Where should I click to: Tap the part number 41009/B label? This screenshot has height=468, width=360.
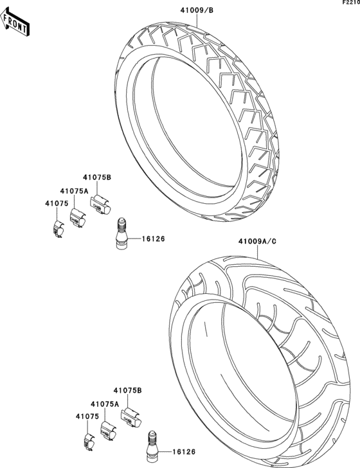(x=190, y=10)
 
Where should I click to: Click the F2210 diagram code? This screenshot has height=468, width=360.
(x=350, y=4)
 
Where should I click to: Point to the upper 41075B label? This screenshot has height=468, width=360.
(x=97, y=177)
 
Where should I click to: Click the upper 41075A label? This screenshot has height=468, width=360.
(x=75, y=191)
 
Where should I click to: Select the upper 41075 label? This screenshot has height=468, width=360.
(x=57, y=204)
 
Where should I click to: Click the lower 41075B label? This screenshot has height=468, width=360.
(x=127, y=390)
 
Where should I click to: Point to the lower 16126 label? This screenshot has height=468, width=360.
(x=184, y=451)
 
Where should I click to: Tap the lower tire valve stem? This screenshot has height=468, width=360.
(x=153, y=444)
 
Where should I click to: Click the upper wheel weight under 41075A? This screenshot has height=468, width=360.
(x=77, y=217)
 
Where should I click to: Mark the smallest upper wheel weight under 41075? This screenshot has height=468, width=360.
(x=57, y=228)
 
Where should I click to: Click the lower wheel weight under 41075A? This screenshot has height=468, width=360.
(x=107, y=429)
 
